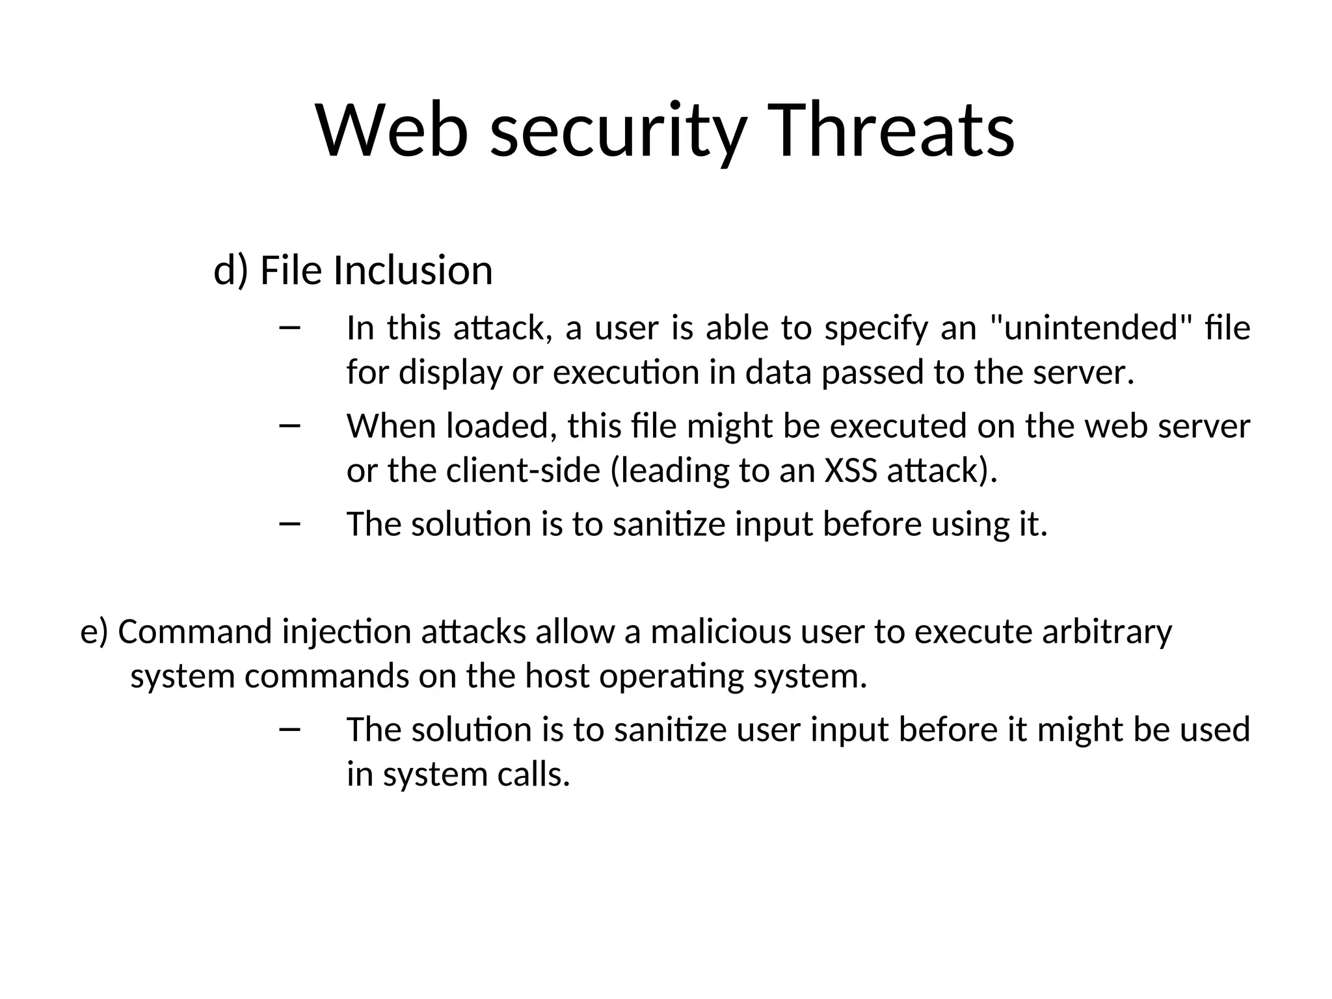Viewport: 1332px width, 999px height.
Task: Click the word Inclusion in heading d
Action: point(413,271)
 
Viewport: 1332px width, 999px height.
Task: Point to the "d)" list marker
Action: point(231,271)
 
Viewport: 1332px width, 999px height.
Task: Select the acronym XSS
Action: point(851,470)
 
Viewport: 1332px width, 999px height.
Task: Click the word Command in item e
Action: point(195,632)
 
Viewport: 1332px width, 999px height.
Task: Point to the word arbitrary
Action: point(1107,632)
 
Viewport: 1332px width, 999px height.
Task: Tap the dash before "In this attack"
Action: point(289,328)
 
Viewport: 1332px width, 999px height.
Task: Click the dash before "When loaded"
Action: point(289,426)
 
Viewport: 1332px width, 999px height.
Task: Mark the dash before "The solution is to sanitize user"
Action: point(289,730)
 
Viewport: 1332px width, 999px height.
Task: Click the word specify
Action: point(876,328)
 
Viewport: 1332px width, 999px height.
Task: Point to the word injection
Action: point(346,633)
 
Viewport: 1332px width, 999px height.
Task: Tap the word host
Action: point(557,676)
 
